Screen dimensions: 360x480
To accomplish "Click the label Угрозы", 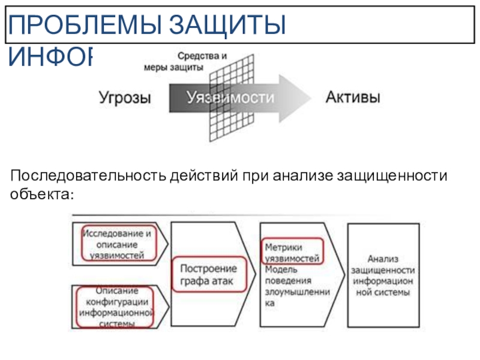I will (125, 98).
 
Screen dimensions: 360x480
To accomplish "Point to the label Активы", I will (352, 98).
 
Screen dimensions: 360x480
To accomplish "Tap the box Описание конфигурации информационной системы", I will (116, 308).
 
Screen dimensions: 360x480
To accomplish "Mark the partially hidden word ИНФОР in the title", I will (52, 56).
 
